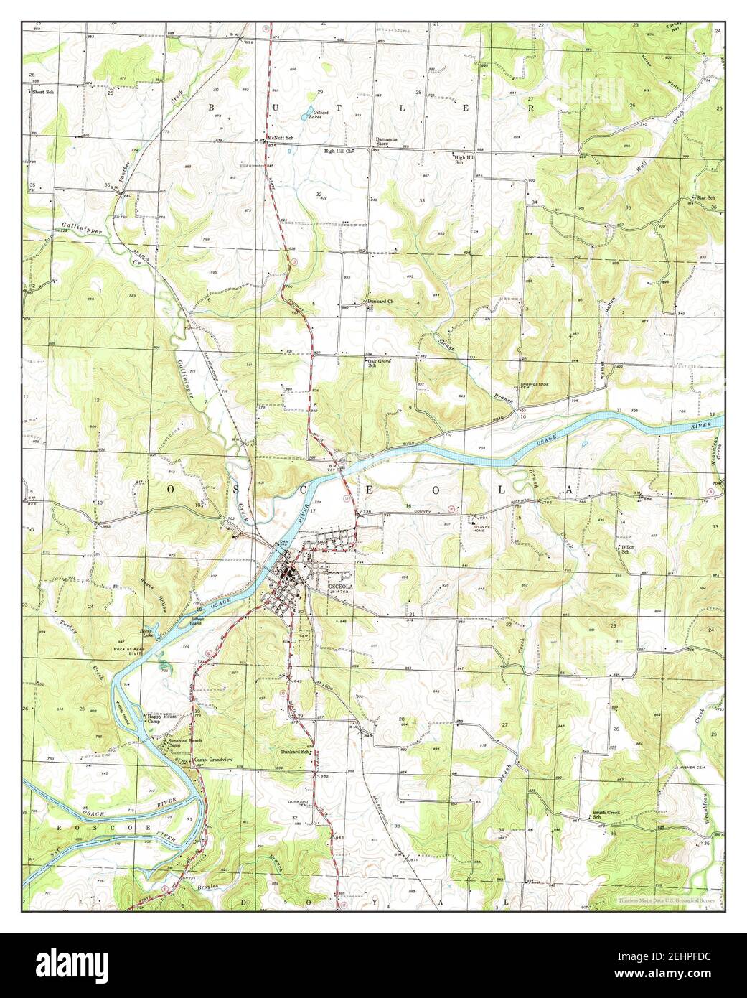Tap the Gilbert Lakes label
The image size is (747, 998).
coord(319,115)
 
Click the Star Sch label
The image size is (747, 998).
coord(705,197)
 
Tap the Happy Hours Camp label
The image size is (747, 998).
coord(160,718)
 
